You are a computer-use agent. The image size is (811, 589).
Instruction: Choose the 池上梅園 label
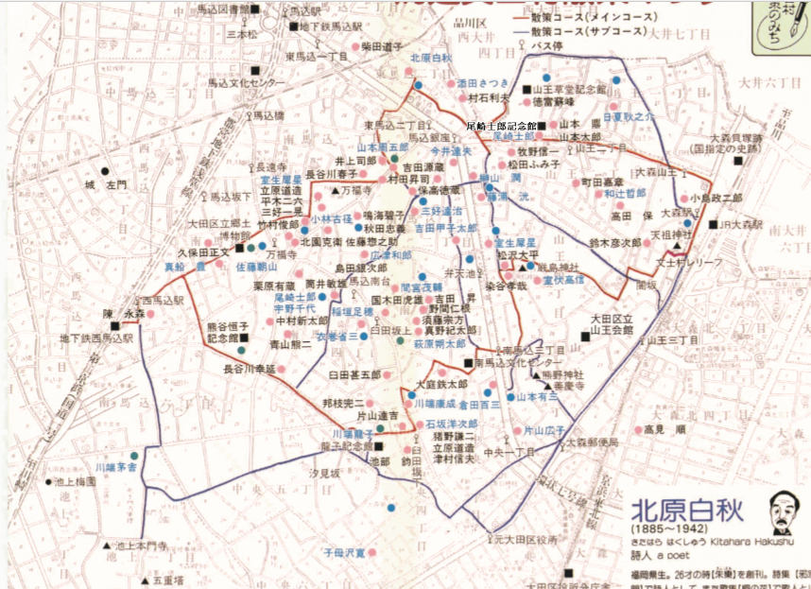click(x=76, y=482)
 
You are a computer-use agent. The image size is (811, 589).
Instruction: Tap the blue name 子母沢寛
click(x=346, y=549)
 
